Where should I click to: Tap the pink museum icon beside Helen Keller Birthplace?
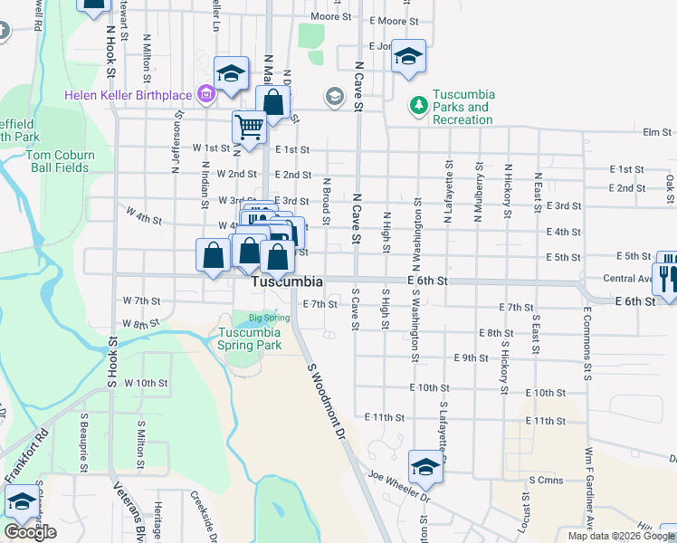(x=206, y=94)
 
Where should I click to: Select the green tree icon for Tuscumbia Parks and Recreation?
(x=418, y=106)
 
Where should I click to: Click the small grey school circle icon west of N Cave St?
(x=335, y=97)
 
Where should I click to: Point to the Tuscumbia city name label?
(x=287, y=281)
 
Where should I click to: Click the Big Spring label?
(x=269, y=318)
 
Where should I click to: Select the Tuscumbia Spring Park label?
(x=250, y=338)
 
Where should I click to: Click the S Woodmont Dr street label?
(x=328, y=402)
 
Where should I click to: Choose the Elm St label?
(x=654, y=132)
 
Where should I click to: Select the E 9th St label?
(x=470, y=358)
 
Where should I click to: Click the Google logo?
(x=30, y=532)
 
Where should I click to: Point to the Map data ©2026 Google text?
(x=620, y=536)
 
